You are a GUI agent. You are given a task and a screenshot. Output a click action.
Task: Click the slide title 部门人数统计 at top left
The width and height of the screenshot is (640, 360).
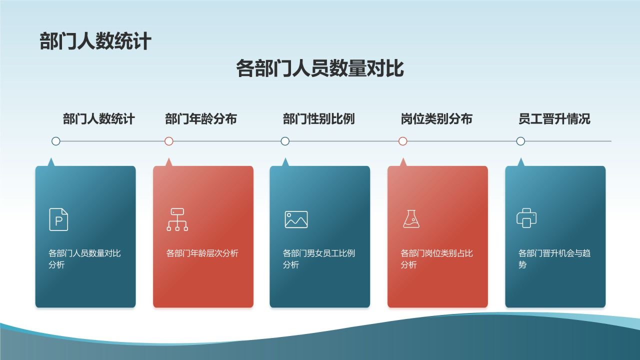[x=95, y=41]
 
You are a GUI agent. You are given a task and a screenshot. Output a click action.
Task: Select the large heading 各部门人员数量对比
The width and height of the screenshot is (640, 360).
[x=320, y=68]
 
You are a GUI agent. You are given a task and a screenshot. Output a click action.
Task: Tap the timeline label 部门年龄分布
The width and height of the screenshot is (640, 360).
[x=201, y=119]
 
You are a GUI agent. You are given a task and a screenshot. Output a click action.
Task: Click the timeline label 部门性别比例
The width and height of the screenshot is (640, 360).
[x=318, y=119]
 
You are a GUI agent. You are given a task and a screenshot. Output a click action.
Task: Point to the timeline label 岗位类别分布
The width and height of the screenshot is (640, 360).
[x=436, y=119]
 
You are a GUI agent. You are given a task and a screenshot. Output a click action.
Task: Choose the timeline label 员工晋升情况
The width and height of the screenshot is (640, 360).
[x=554, y=119]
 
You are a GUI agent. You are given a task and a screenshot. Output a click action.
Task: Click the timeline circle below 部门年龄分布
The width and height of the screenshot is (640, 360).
[x=169, y=141]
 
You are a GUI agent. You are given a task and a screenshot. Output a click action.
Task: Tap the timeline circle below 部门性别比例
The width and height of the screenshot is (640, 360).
[x=285, y=141]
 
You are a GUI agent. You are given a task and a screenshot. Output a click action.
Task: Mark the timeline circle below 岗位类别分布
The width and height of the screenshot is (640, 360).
[x=403, y=141]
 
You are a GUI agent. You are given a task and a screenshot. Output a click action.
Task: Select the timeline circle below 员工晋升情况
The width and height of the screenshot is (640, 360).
[x=520, y=141]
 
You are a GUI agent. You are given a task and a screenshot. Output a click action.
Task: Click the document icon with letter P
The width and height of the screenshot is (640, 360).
[x=58, y=219]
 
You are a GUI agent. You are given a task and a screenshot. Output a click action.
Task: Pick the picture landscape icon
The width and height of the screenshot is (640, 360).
[x=296, y=219]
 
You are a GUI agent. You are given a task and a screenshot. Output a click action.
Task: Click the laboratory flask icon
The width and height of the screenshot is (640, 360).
[x=411, y=219]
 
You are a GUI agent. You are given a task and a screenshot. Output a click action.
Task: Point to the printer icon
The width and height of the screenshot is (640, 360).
[x=526, y=218]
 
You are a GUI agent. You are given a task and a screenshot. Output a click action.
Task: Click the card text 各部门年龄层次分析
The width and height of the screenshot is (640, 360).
[x=202, y=253]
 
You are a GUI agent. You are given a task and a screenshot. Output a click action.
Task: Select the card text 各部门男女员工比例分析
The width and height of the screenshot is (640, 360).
[x=318, y=258]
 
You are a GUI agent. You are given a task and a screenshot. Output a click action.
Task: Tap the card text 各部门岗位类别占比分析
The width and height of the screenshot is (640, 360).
[x=436, y=258]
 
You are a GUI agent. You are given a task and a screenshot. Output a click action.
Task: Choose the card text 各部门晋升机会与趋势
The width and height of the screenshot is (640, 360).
[x=554, y=258]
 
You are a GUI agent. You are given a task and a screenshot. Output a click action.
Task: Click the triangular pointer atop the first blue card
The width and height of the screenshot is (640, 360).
[x=50, y=162]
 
